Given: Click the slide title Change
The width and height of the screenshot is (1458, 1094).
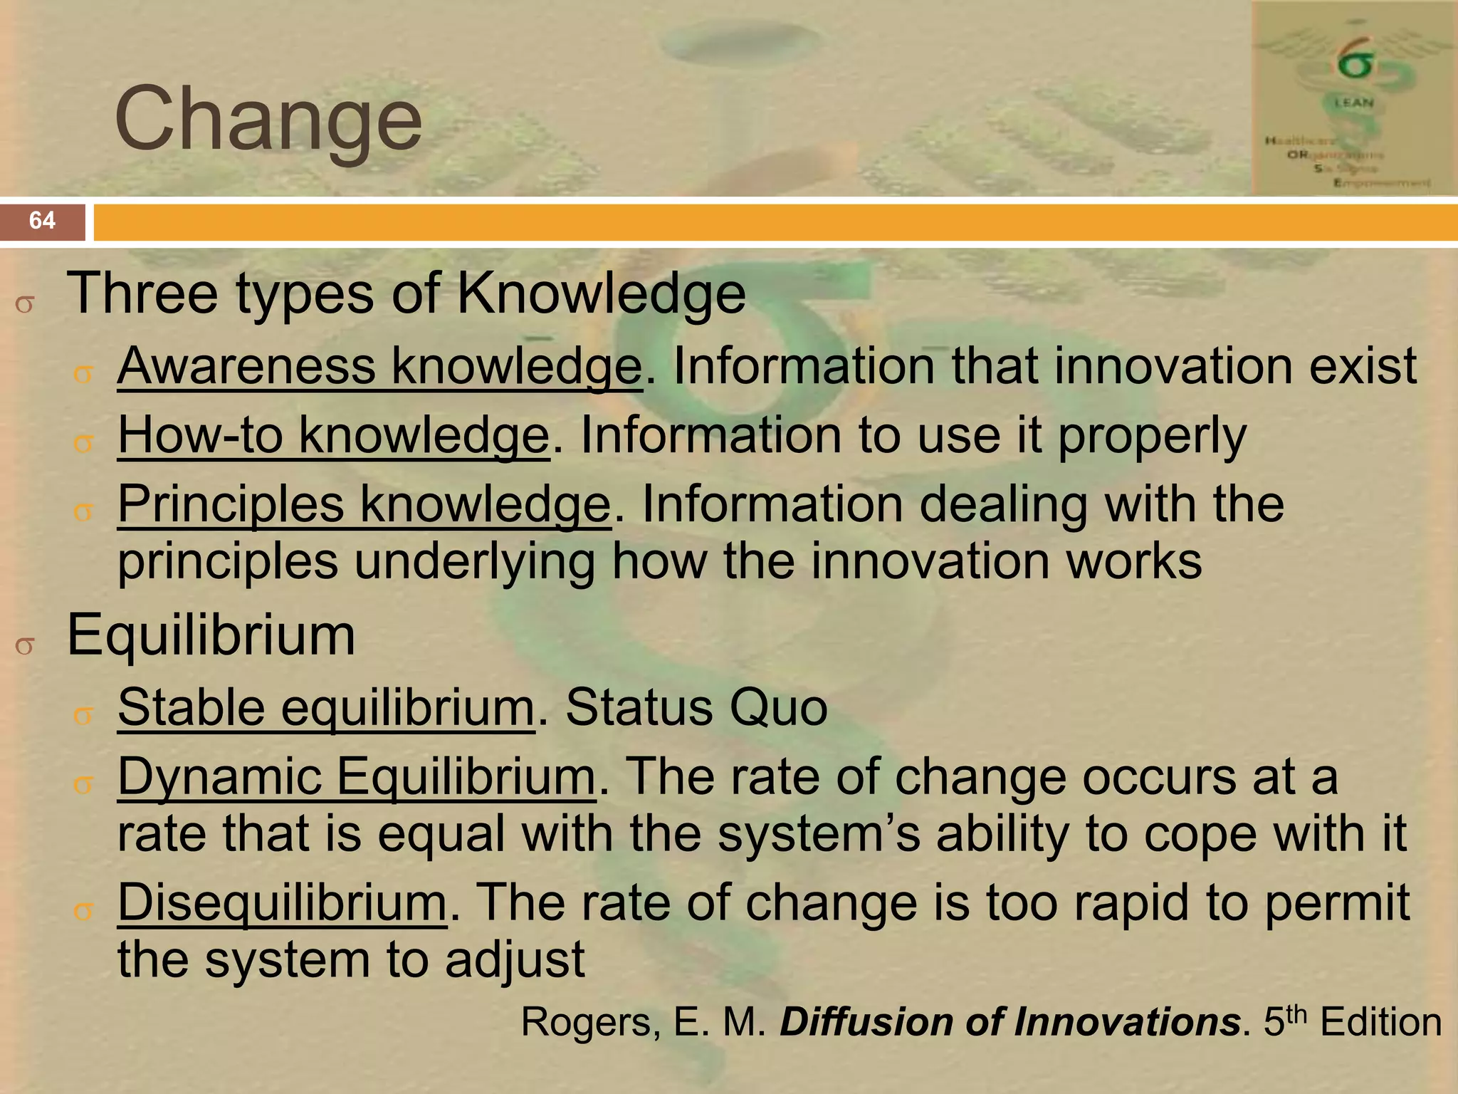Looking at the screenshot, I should (268, 118).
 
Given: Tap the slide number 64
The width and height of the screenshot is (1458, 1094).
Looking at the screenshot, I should (42, 220).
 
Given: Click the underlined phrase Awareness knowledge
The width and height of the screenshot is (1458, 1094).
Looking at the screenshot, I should (379, 366).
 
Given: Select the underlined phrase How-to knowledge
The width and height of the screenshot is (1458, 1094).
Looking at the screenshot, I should (333, 435).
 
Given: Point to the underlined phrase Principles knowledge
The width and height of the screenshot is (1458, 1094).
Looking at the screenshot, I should (364, 504).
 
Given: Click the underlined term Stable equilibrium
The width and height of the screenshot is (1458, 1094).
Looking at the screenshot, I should (325, 707).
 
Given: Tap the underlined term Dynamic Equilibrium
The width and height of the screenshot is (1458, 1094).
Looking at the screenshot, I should (356, 776).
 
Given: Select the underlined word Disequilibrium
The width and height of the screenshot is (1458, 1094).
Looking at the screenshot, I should (282, 902).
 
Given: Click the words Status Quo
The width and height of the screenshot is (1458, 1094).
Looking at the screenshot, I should (696, 707).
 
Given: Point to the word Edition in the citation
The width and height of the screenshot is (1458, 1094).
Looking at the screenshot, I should (1380, 1022).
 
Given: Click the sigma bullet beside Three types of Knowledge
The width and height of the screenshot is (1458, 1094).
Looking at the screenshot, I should (24, 305).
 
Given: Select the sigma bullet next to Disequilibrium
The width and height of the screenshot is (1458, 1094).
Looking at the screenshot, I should (84, 911).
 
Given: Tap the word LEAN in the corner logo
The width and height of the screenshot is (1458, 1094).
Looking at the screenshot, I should (1353, 103).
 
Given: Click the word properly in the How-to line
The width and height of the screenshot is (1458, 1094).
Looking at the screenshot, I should (1152, 437).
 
